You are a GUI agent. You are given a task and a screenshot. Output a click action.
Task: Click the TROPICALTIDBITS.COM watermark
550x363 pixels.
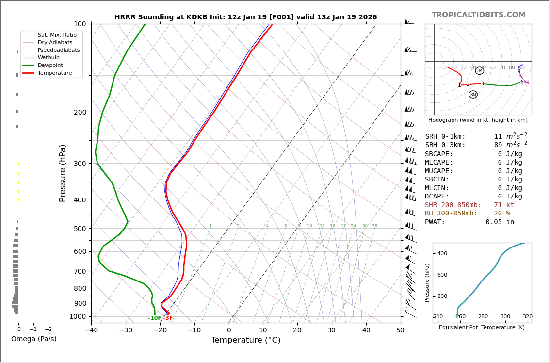tap(478, 15)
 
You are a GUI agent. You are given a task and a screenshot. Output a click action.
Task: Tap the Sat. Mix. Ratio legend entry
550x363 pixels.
tap(57, 35)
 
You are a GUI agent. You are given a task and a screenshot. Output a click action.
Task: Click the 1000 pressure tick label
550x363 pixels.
tap(78, 316)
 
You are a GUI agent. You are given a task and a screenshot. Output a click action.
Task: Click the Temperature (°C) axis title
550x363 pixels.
tap(245, 341)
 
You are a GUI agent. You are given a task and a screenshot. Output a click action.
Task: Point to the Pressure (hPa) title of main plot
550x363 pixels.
tap(63, 173)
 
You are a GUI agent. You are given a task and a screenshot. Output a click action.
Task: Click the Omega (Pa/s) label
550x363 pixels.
tap(33, 339)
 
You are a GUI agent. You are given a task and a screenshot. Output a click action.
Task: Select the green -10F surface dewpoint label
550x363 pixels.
tap(155, 318)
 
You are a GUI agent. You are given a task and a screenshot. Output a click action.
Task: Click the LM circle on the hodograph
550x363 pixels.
tap(479, 71)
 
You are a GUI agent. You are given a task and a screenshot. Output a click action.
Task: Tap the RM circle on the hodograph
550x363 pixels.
tap(473, 95)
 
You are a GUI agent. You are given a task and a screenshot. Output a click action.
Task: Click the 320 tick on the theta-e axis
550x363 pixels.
tap(527, 317)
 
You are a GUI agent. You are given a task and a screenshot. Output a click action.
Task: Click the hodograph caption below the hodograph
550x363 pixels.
tap(478, 120)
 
